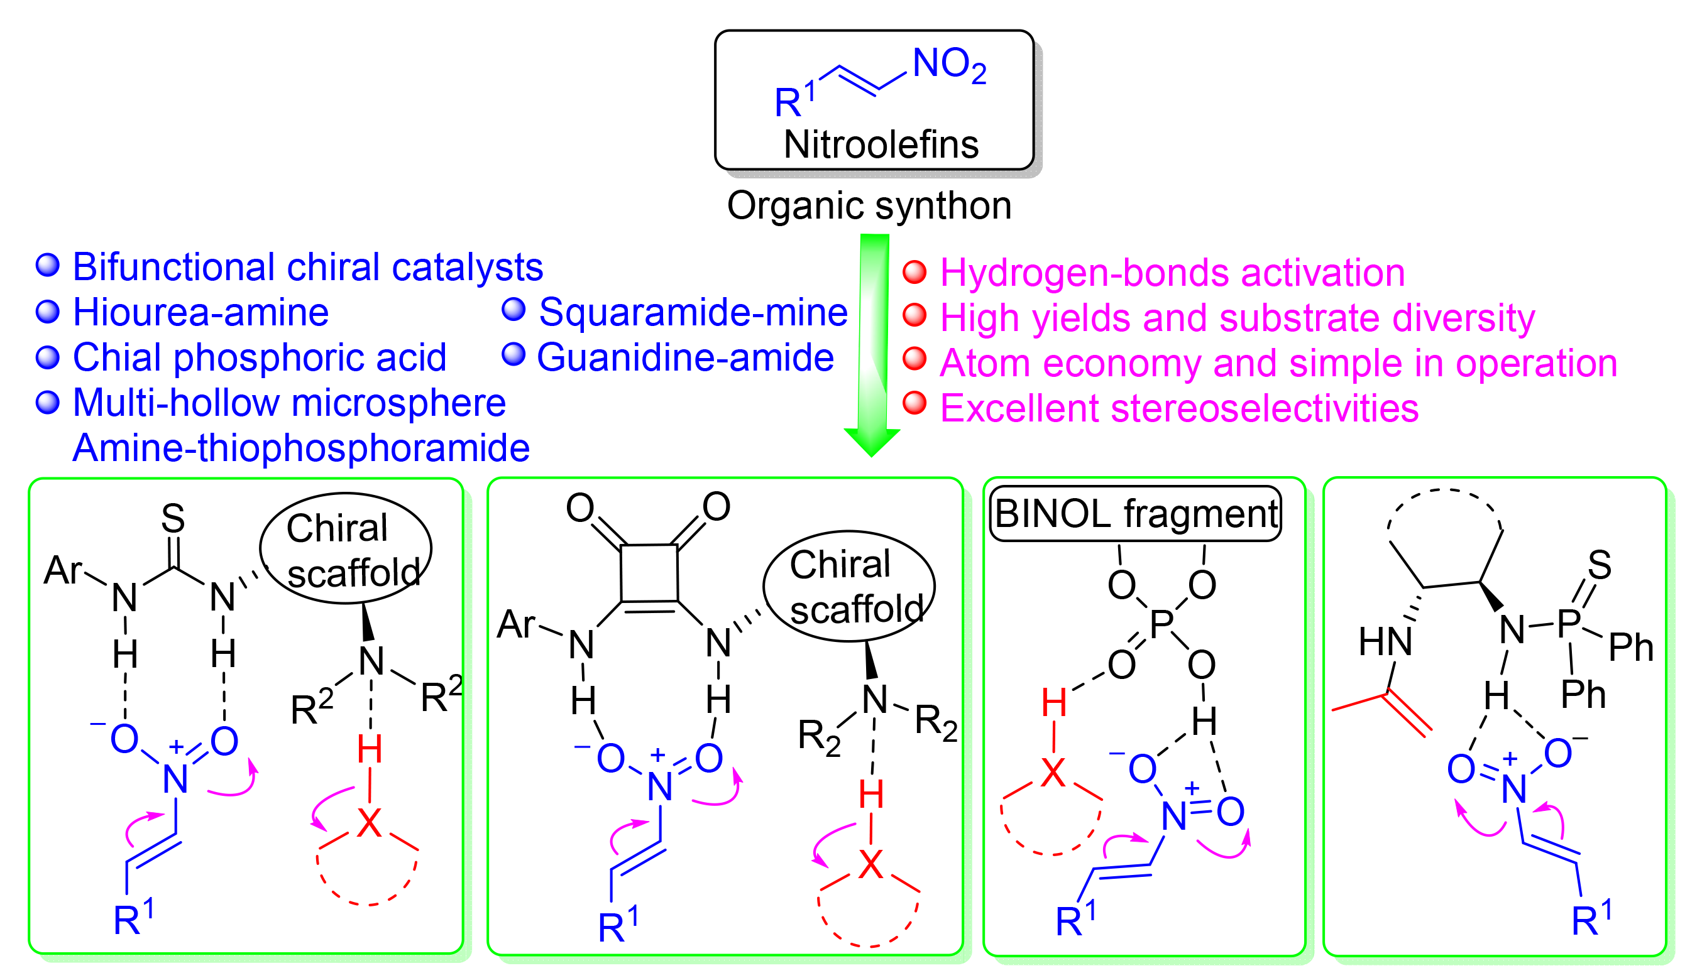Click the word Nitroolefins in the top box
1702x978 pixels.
[x=881, y=145]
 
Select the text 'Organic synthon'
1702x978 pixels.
[x=869, y=205]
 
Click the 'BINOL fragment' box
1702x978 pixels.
[x=1135, y=514]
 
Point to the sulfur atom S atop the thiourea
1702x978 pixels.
[x=173, y=519]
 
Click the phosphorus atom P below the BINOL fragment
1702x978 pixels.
[x=1161, y=623]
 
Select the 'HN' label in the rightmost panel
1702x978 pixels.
[x=1385, y=641]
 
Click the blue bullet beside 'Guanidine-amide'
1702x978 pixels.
[x=513, y=354]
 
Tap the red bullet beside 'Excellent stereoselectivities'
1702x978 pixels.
[x=914, y=403]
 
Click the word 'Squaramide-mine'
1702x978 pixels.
[x=693, y=312]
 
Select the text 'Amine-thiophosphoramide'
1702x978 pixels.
[x=301, y=448]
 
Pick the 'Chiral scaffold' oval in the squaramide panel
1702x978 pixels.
[x=848, y=587]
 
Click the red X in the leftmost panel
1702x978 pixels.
[x=369, y=823]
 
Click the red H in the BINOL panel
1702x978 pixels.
[x=1053, y=704]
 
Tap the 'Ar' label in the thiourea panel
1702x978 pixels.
[x=62, y=570]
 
